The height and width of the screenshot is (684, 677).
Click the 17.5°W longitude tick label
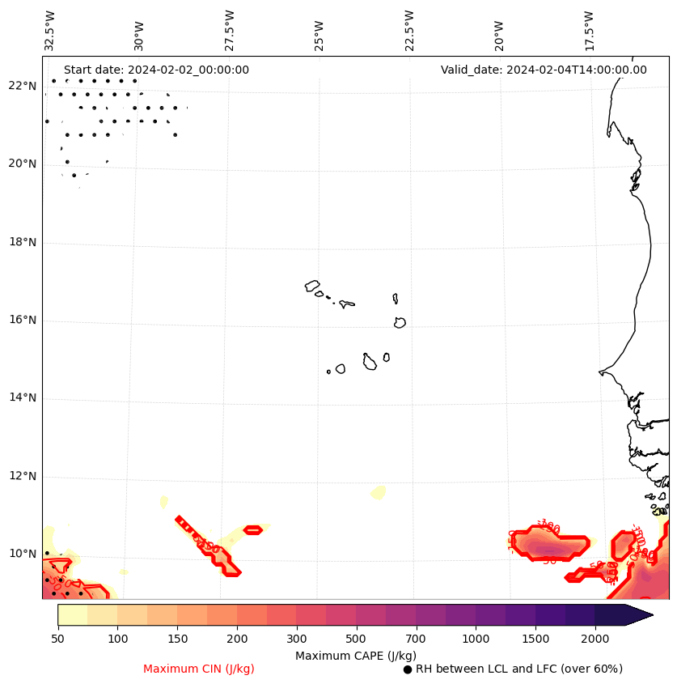click(589, 30)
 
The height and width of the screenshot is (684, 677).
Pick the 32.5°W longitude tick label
click(50, 30)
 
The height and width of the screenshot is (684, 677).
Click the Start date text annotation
click(156, 70)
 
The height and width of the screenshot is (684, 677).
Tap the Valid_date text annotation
click(544, 70)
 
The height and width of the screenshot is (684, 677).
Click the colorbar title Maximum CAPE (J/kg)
click(355, 655)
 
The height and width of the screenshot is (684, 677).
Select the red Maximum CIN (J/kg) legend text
click(199, 669)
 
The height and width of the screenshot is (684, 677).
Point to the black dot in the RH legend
click(408, 669)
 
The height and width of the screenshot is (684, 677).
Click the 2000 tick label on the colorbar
click(595, 639)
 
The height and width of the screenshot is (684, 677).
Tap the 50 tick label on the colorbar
click(57, 639)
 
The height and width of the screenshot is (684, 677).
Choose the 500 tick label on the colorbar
click(356, 639)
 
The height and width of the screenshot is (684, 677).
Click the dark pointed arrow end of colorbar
click(639, 614)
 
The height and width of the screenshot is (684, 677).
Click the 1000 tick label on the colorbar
click(476, 639)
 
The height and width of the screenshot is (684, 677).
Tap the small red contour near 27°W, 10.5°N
click(252, 530)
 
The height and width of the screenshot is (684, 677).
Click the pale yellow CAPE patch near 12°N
click(378, 491)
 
